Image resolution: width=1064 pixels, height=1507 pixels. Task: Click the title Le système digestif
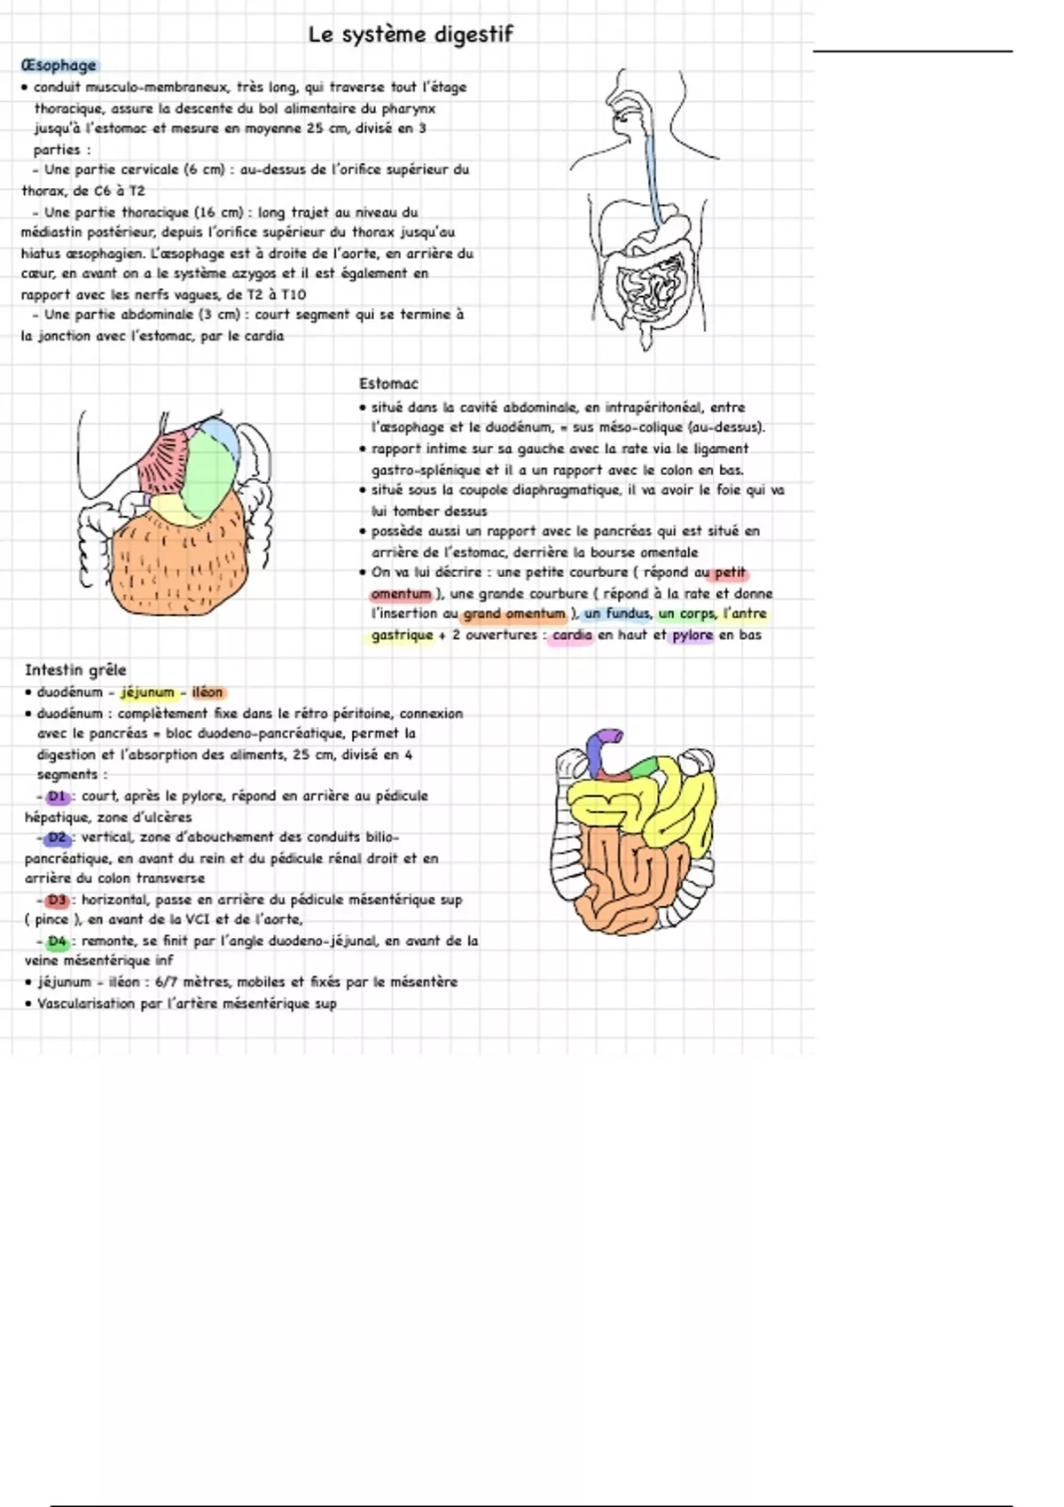tap(411, 35)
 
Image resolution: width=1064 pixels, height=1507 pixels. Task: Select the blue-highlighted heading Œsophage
tap(59, 66)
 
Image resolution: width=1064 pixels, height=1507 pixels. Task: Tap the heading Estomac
tap(388, 384)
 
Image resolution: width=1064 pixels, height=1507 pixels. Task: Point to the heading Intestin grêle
tap(75, 670)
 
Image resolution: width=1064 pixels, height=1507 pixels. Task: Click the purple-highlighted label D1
tap(58, 796)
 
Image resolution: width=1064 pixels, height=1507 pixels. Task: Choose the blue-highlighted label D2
tap(58, 838)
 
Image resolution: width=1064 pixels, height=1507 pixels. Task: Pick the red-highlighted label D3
tap(58, 900)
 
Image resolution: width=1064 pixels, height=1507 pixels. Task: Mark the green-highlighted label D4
tap(58, 941)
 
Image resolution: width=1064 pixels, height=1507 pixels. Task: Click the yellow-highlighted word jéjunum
tap(148, 692)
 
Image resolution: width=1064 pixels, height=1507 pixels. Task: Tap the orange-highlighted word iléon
tap(207, 692)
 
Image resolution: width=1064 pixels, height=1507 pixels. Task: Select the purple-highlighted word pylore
tap(692, 636)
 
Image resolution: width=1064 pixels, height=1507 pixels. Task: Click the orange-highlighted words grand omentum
tap(514, 613)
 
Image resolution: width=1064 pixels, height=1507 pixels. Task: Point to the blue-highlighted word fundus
tap(628, 613)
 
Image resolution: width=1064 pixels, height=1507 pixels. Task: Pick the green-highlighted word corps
tap(697, 613)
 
